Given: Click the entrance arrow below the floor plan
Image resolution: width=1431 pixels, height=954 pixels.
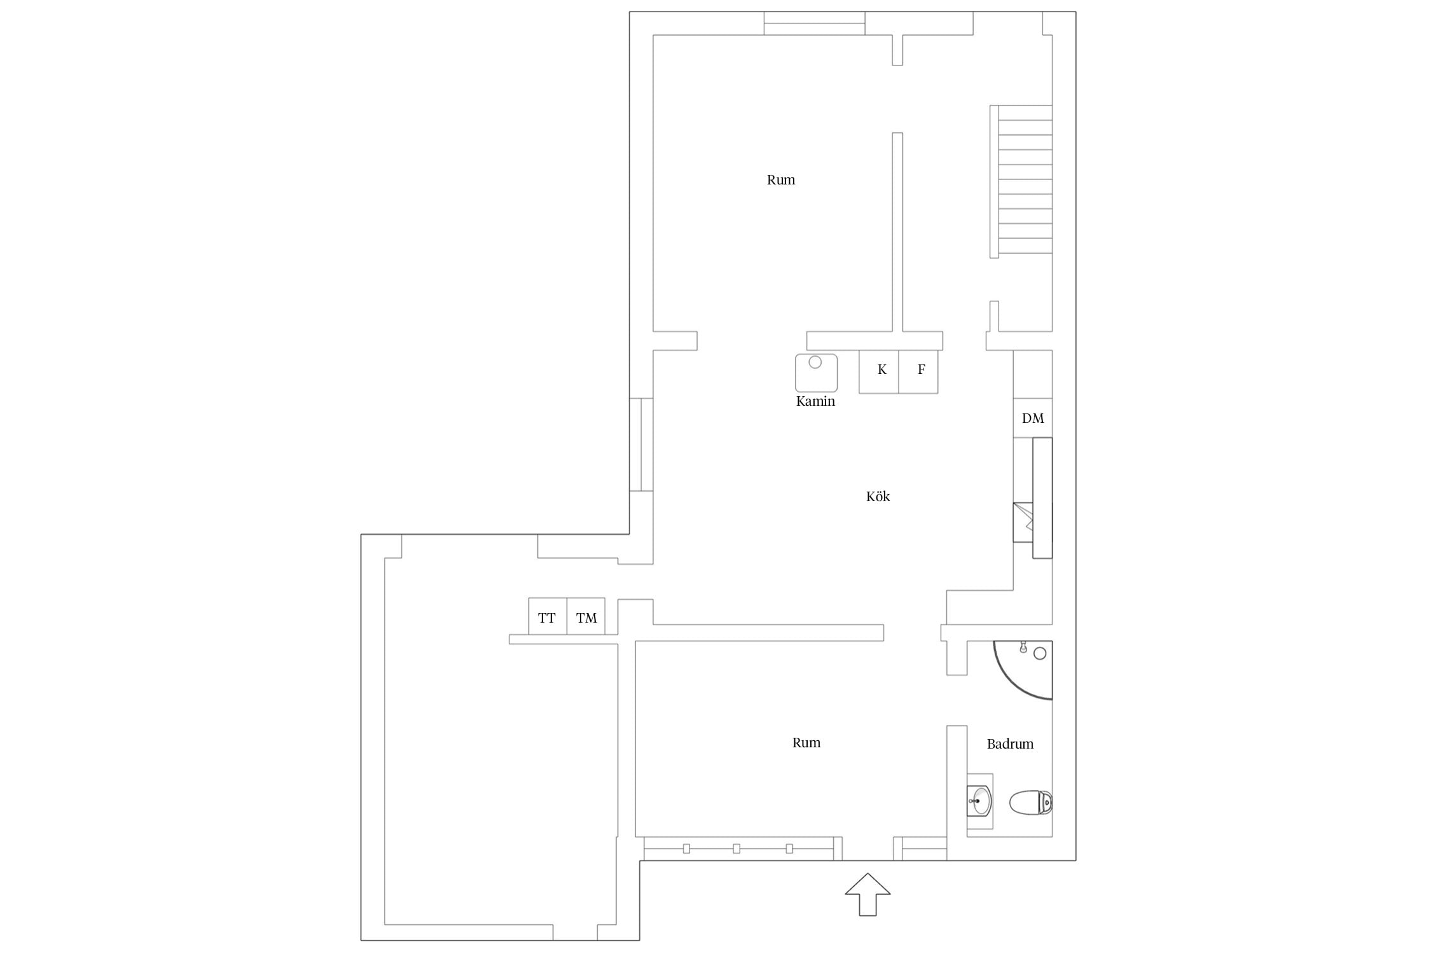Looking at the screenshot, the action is [x=868, y=898].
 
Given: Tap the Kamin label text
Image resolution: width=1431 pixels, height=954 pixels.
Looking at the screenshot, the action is [x=815, y=401].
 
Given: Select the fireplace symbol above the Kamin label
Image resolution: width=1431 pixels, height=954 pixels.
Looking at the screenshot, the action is [x=816, y=373].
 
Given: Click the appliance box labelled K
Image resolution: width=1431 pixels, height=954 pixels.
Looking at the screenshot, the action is [x=879, y=371].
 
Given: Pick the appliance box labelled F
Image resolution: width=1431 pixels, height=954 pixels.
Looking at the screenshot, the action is [x=918, y=371].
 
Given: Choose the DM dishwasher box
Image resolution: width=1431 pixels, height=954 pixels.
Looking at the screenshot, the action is [x=1033, y=418].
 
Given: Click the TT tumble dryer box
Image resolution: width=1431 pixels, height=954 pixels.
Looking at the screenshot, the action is [x=548, y=616].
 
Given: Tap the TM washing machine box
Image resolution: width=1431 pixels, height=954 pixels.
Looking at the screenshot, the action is [x=586, y=616].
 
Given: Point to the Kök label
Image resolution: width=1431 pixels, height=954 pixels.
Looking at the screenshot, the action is [x=878, y=497].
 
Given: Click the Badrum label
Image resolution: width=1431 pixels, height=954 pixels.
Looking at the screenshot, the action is [x=1010, y=744].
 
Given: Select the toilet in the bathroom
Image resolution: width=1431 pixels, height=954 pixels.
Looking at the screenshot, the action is [x=1031, y=802].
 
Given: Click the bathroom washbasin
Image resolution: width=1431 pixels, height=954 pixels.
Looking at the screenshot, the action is [x=979, y=801].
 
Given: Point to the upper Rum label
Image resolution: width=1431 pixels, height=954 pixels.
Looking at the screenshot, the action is [x=781, y=180].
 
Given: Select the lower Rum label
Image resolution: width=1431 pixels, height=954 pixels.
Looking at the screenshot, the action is [x=806, y=743].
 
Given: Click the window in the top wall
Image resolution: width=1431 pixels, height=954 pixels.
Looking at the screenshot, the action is [x=814, y=24].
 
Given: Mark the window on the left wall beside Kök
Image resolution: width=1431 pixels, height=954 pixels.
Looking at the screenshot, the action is [x=641, y=445].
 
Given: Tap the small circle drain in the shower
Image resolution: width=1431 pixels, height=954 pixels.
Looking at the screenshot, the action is [x=1040, y=653].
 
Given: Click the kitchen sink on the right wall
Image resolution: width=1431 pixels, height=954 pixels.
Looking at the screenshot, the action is [x=1023, y=522].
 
